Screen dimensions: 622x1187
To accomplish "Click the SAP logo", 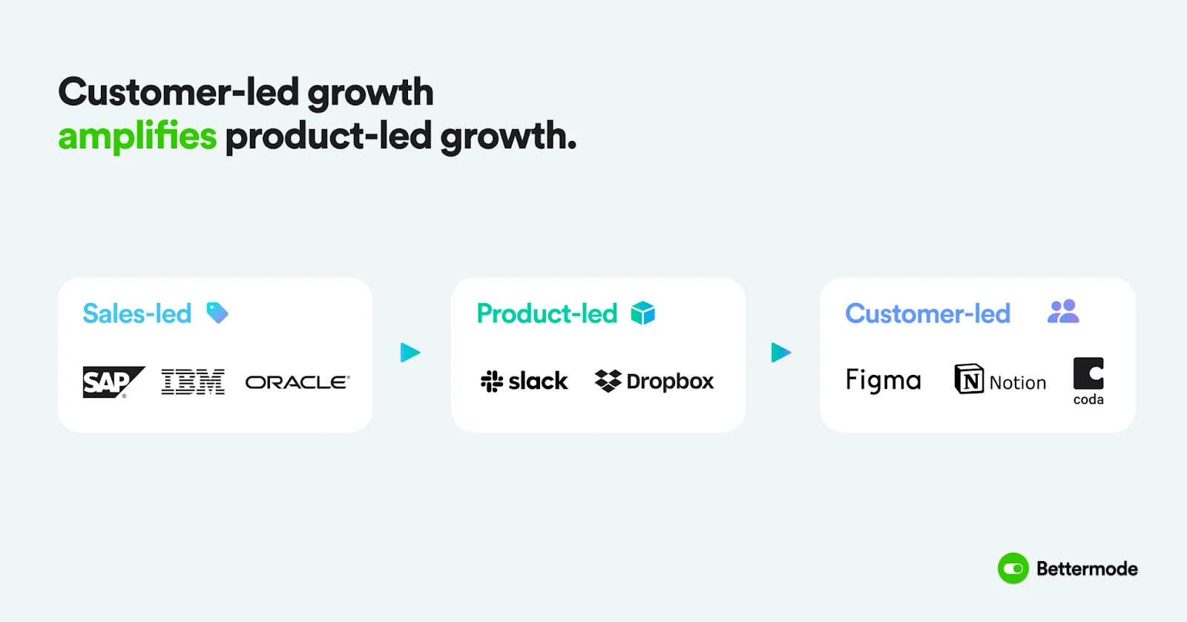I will point(112,382).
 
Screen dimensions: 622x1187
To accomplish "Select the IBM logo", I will point(193,382).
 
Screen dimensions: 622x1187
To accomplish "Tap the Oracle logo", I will point(297,382).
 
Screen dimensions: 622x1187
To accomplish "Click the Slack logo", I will point(524,382).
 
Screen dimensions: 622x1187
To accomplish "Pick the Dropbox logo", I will point(654,382).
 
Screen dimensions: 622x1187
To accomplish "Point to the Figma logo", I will point(883,381).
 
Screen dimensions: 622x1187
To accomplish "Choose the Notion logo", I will point(1000,380).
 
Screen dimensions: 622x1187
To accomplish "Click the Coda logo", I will point(1088,381).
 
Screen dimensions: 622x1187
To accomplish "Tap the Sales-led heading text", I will point(137,314).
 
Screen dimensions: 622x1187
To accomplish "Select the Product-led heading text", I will point(547,314).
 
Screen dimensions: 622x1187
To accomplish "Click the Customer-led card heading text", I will point(927,314).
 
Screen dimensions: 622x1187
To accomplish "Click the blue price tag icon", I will point(217,313).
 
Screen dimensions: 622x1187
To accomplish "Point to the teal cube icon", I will point(643,313).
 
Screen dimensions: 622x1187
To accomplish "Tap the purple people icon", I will point(1063,312).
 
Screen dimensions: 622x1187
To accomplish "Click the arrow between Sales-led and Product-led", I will point(410,353).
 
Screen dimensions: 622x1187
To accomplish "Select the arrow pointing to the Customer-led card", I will point(781,353).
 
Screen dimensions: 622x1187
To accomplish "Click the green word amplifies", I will point(137,137).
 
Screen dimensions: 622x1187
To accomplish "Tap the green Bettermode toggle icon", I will point(1013,569).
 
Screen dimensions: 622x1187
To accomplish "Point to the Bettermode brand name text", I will point(1087,569).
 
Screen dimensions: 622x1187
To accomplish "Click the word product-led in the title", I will point(328,137).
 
